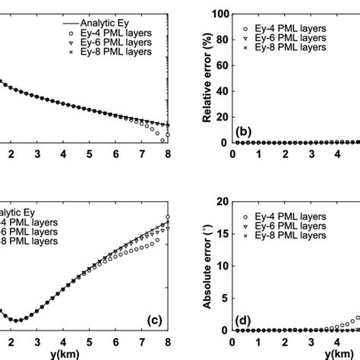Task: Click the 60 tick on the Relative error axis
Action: (219, 65)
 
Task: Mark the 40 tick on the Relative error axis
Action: (219, 91)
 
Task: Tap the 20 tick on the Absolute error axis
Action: (219, 201)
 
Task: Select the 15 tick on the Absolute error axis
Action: (219, 234)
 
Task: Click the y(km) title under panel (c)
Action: (89, 354)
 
